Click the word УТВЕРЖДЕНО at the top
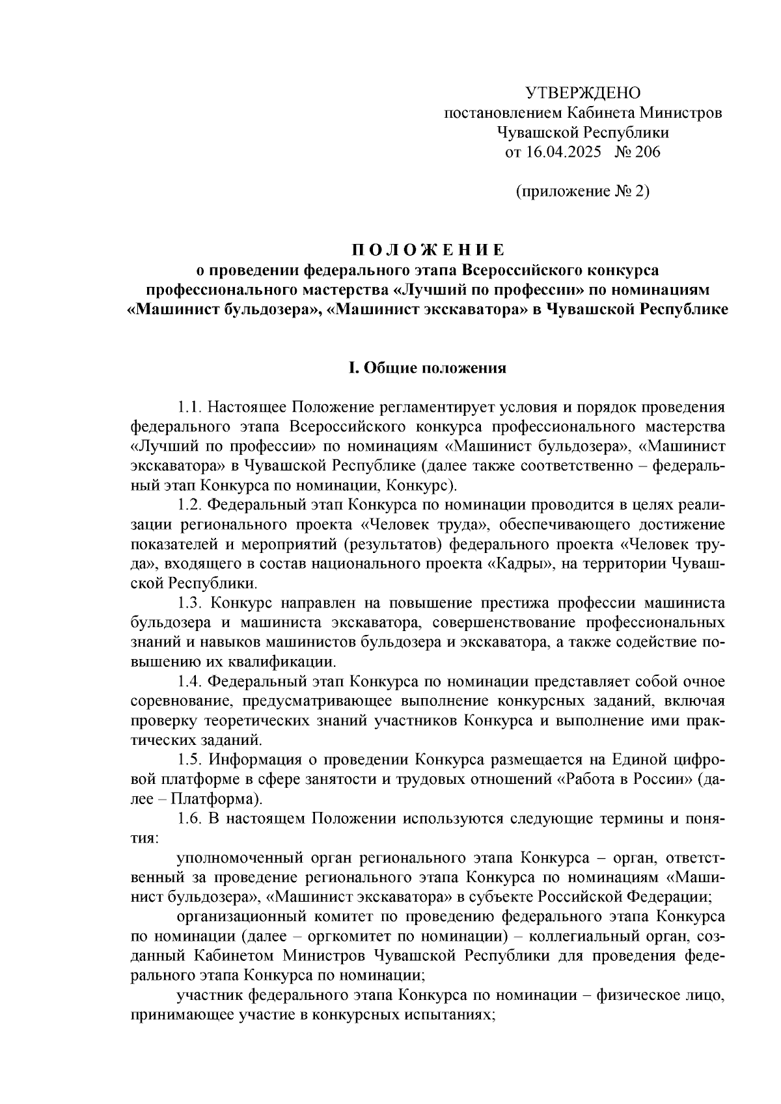point(582,92)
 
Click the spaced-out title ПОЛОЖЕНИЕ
point(428,250)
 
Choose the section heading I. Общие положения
point(428,368)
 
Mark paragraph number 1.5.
point(189,759)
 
